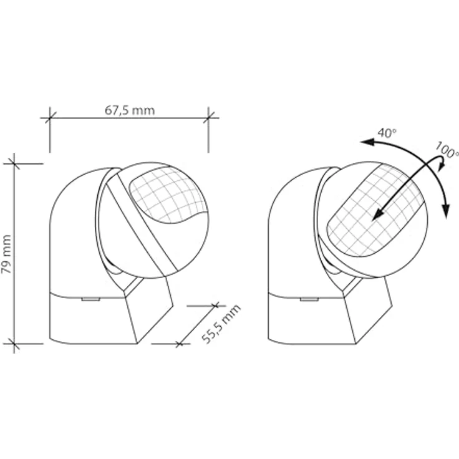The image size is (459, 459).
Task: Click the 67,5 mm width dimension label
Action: [130, 110]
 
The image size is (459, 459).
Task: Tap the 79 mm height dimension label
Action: [6, 254]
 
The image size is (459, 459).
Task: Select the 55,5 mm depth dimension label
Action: [221, 324]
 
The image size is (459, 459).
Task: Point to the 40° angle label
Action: [387, 133]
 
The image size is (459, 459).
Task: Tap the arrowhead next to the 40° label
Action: [367, 142]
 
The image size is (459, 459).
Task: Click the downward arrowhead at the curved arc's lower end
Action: [445, 211]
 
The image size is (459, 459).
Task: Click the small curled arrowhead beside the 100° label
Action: [442, 167]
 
